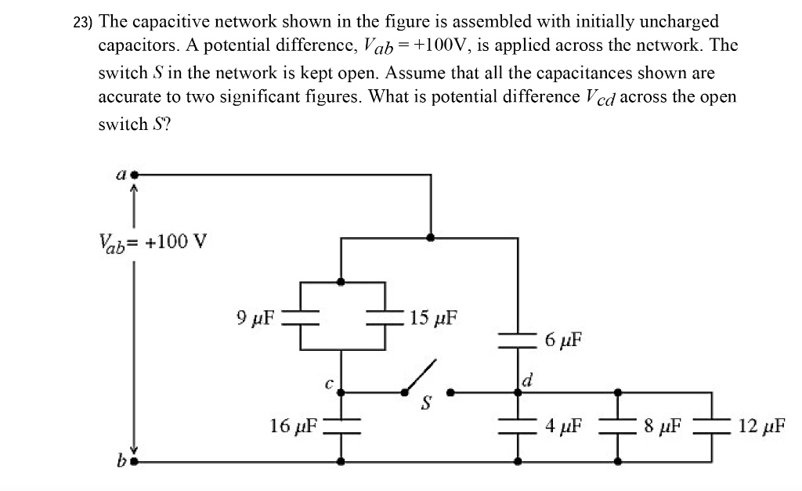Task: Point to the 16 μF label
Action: pos(294,426)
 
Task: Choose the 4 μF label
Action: pos(564,427)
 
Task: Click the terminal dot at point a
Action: pos(135,175)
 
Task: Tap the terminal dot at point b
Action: pos(134,462)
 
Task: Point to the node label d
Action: pos(527,381)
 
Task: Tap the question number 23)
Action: pos(82,23)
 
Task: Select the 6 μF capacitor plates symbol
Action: pos(518,338)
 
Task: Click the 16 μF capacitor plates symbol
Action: pos(340,426)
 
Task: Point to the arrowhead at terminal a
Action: pos(134,189)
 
